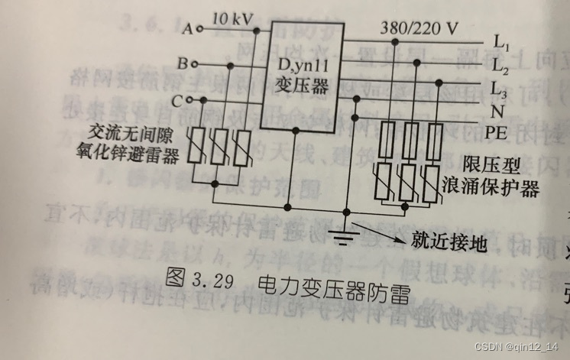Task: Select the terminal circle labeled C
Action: click(190, 99)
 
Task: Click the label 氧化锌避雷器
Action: click(135, 157)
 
